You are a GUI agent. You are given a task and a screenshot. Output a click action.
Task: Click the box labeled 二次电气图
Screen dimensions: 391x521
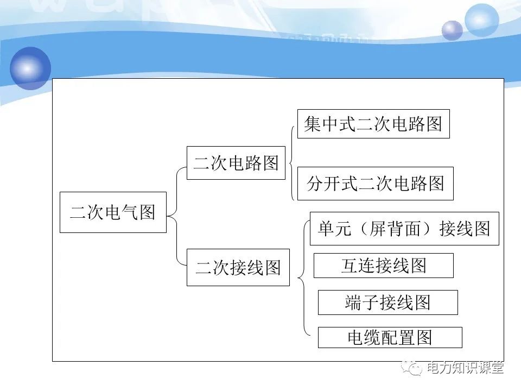pos(113,212)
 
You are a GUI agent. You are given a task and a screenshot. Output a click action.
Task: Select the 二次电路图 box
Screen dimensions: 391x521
pos(236,163)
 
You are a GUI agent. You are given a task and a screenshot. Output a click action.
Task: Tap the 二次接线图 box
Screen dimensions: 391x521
pos(238,267)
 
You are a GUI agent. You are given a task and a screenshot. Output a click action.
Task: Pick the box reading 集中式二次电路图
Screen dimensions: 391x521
pos(373,124)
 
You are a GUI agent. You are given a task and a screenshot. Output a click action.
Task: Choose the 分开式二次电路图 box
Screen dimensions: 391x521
pos(376,184)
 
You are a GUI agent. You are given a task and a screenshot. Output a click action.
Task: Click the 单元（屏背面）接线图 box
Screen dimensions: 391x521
pos(404,229)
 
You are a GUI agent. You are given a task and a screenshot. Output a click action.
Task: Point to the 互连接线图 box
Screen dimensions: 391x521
pos(384,265)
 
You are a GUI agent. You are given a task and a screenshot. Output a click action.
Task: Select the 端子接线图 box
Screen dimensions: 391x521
pos(387,302)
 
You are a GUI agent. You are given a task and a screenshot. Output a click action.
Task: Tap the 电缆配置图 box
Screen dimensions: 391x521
pos(390,338)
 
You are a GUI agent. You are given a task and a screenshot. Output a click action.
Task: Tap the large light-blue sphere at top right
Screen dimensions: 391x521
pos(481,20)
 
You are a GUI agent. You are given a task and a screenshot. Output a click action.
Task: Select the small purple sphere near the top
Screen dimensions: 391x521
pos(452,30)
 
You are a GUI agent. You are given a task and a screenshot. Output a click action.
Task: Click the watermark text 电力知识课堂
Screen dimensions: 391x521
pos(466,368)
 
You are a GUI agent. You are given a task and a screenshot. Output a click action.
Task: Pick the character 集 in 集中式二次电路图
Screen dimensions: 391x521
pos(312,124)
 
